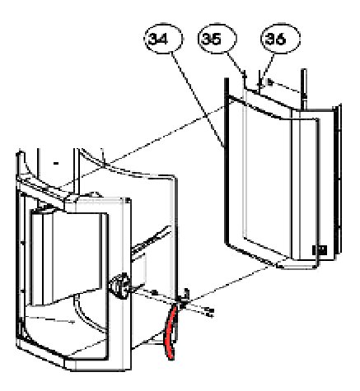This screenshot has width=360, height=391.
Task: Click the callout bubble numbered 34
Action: [164, 39]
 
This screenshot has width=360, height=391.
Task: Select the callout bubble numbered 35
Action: [217, 38]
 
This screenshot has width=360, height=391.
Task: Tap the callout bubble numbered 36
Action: [280, 39]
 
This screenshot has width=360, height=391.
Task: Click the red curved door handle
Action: [171, 333]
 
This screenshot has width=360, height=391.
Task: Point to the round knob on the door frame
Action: [118, 286]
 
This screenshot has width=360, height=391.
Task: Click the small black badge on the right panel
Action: [320, 250]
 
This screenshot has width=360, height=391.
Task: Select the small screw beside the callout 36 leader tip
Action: [269, 81]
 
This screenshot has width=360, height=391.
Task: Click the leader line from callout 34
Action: [198, 100]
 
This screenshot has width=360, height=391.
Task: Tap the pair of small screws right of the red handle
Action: [209, 313]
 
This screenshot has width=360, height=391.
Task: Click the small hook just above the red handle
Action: [185, 295]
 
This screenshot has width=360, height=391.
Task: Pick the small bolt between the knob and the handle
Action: [155, 291]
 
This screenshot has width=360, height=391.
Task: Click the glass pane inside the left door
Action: [69, 258]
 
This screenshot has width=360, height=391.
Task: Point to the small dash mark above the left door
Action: [56, 164]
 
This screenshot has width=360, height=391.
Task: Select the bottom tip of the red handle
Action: [171, 359]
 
